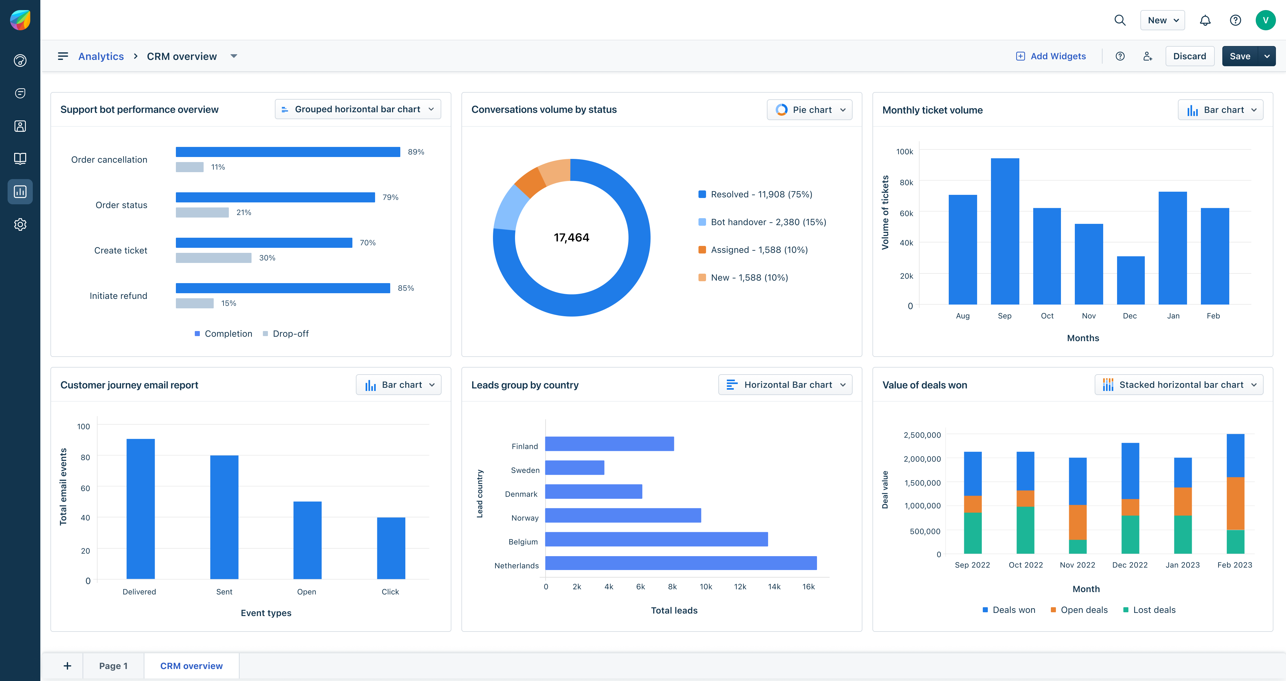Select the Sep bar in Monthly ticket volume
[1005, 231]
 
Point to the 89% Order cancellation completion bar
[287, 152]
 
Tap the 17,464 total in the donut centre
[571, 238]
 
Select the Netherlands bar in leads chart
[681, 563]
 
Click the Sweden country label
[525, 470]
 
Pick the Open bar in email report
[307, 540]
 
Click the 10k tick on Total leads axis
[705, 587]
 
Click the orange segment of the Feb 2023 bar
[1235, 503]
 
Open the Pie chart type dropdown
[809, 110]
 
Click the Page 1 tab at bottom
[113, 666]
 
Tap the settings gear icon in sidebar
[20, 225]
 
